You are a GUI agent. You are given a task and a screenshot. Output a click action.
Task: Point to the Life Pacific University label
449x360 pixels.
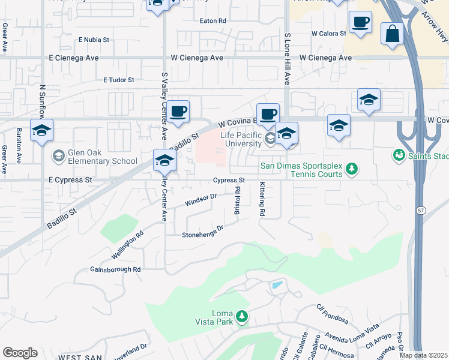pyautogui.click(x=242, y=139)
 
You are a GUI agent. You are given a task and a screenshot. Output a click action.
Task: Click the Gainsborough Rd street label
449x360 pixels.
pyautogui.click(x=115, y=269)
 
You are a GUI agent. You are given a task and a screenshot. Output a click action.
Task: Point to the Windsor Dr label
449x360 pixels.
pyautogui.click(x=200, y=200)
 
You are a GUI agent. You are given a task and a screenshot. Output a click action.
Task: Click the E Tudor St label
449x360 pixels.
pyautogui.click(x=118, y=79)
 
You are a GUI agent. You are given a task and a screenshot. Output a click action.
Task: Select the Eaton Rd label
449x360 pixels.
pyautogui.click(x=212, y=20)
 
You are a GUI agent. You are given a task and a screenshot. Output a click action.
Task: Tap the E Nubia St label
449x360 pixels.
pyautogui.click(x=94, y=40)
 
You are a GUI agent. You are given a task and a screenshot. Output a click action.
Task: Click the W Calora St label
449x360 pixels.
pyautogui.click(x=326, y=34)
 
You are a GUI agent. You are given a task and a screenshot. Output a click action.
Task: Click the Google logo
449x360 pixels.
pyautogui.click(x=20, y=353)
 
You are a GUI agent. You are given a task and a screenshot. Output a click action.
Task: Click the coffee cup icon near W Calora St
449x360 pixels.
pyautogui.click(x=360, y=23)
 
